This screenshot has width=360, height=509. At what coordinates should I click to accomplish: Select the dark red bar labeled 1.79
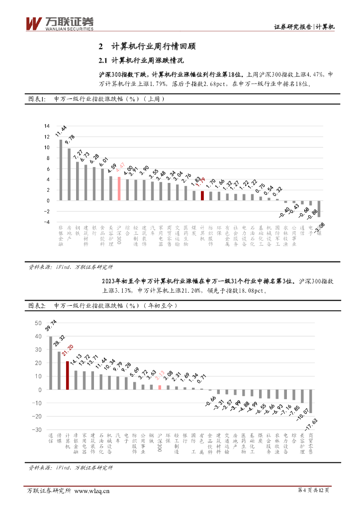tap(202, 196)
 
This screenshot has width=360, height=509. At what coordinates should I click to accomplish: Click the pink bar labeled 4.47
tap(119, 189)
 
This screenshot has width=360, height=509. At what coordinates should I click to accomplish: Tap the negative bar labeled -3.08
tap(319, 209)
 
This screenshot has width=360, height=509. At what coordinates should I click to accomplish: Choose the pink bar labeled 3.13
tap(159, 387)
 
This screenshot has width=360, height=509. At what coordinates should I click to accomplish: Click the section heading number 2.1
tap(103, 61)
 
